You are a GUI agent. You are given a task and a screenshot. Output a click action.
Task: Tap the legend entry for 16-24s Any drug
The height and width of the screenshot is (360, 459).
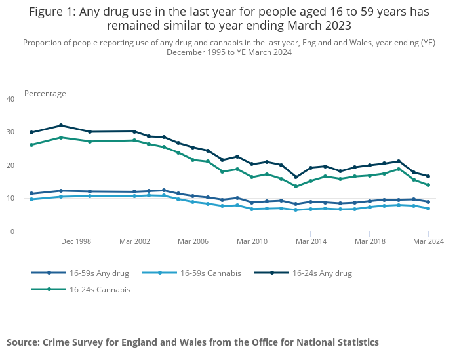[x=322, y=273]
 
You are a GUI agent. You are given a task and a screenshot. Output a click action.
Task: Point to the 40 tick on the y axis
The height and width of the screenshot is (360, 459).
[x=10, y=99]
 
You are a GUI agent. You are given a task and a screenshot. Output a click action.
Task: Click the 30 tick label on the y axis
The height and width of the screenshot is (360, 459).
[x=10, y=132]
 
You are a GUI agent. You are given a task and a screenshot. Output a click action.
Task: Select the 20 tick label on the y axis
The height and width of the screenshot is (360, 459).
[x=10, y=165]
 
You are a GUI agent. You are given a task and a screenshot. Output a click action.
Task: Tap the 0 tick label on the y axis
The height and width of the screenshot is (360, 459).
[x=12, y=231]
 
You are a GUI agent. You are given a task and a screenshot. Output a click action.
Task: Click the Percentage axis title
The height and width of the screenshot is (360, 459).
[x=45, y=94]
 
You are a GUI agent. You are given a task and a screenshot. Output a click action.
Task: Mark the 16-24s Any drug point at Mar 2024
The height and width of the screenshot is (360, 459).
[x=428, y=176]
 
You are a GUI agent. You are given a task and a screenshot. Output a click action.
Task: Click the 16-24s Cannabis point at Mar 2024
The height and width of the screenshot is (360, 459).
[x=428, y=185]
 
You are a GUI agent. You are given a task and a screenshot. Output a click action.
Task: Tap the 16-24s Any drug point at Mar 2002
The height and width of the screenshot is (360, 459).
[x=134, y=132]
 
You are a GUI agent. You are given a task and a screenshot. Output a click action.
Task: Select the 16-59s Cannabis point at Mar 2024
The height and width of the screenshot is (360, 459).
[x=428, y=209]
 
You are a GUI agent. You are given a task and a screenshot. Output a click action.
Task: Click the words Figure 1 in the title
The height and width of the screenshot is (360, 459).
[x=52, y=12]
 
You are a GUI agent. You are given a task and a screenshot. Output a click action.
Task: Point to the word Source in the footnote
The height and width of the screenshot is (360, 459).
[x=23, y=342]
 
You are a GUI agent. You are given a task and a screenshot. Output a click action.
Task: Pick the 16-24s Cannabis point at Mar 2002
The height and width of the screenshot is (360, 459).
[x=134, y=140]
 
